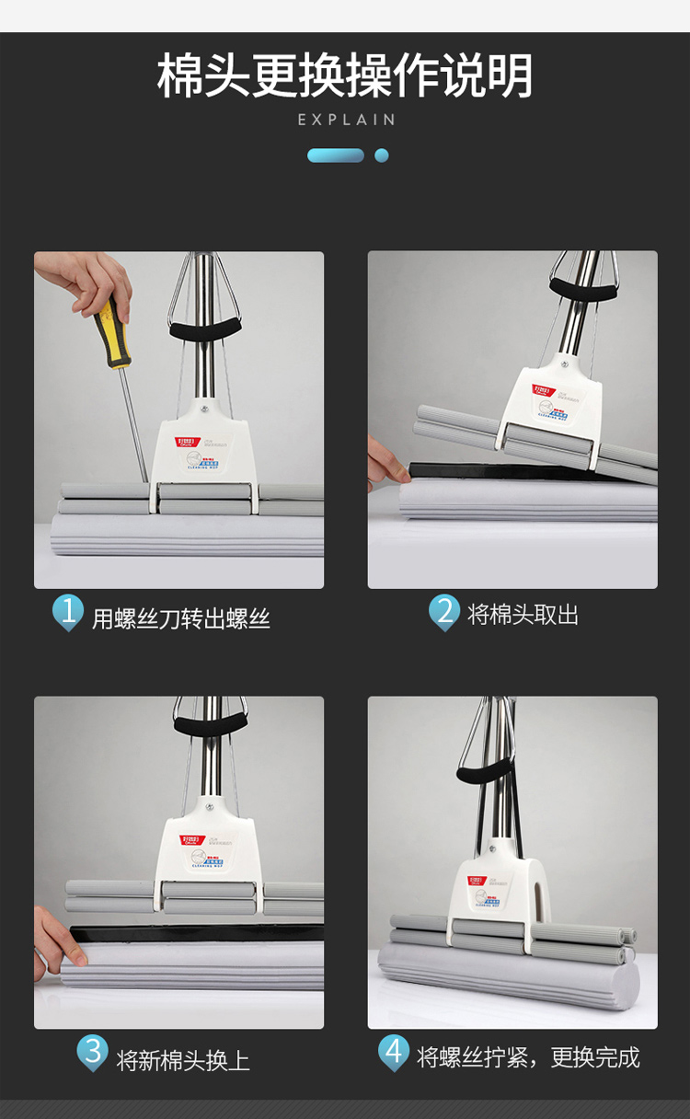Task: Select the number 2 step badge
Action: (x=444, y=611)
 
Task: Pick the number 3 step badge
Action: (x=92, y=1052)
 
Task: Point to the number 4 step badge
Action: (x=394, y=1052)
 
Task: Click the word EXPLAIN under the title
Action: (x=346, y=120)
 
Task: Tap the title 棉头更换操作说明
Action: (x=345, y=75)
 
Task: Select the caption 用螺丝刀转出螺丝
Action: (x=180, y=618)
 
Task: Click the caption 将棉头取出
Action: (x=523, y=615)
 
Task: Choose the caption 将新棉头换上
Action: (x=183, y=1060)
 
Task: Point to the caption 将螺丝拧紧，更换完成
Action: (x=528, y=1056)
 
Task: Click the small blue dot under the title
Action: (x=382, y=156)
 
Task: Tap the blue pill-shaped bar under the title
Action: (x=336, y=156)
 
